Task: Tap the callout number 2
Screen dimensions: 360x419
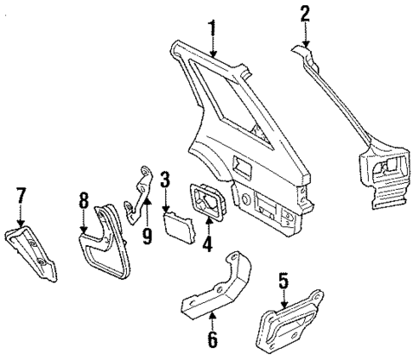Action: point(304,12)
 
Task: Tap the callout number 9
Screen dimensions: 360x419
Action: point(146,234)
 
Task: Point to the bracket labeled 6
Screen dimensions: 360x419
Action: point(216,289)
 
